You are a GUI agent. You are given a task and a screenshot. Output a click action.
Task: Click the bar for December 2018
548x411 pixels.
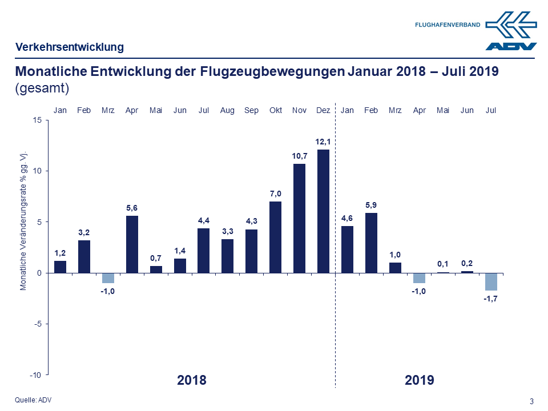coord(323,211)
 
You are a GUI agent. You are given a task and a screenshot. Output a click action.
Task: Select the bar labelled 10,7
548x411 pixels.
coord(299,218)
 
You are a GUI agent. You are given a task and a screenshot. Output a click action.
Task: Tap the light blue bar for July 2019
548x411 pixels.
coord(491,281)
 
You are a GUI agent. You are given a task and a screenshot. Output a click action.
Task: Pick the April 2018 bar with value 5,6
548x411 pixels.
coord(132,244)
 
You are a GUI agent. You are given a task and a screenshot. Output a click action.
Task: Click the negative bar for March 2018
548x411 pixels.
coord(108,278)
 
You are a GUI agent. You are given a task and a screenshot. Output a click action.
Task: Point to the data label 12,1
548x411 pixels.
coord(323,141)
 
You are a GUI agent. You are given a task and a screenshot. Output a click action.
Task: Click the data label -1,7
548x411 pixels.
coord(491,299)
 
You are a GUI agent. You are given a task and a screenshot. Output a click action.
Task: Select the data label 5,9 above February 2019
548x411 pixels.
coord(371,204)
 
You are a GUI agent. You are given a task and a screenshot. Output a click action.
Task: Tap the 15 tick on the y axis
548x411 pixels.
coord(37,120)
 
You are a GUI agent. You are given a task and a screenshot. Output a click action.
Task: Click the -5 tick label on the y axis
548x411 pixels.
coord(37,324)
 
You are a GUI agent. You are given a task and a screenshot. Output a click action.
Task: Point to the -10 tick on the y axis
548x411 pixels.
coord(36,374)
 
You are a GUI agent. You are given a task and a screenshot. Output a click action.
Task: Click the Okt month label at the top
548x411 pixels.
coord(275,110)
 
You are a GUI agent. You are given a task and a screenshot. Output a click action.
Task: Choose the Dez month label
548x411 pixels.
coord(323,110)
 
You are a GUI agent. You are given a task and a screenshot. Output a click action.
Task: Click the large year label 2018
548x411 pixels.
coord(192,380)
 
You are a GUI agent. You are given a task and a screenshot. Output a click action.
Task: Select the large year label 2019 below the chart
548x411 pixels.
coord(420,380)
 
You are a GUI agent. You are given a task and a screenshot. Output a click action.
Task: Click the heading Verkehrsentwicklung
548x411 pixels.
coord(70,47)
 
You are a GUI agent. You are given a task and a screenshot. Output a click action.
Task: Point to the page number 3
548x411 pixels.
coord(531,401)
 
